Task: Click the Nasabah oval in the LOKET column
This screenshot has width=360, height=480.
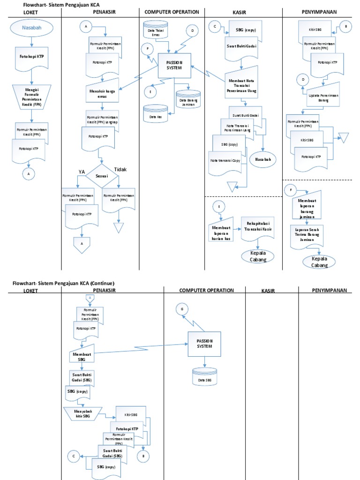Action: tap(31, 28)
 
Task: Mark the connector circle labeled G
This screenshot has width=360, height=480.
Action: tap(181, 309)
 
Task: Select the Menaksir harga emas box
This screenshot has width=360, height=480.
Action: tap(102, 93)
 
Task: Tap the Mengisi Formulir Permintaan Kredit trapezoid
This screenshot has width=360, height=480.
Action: tap(31, 97)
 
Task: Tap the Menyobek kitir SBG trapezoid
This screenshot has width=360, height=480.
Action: tap(83, 413)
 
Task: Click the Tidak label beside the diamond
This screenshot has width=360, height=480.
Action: tap(120, 169)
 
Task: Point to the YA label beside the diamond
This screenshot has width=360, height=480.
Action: tap(82, 172)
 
